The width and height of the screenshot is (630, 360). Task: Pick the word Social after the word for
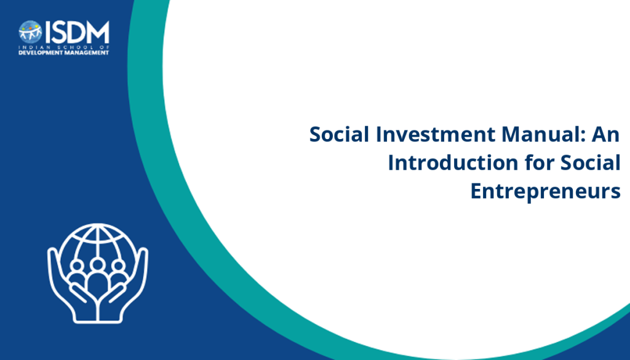(x=590, y=162)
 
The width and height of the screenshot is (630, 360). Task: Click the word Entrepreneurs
(x=545, y=191)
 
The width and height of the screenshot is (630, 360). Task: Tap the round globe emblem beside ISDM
(x=30, y=32)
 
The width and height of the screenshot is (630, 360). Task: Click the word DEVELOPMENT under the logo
(x=40, y=53)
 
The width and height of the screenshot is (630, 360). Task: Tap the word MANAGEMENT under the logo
(x=86, y=53)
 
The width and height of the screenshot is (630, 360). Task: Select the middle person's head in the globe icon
(x=97, y=265)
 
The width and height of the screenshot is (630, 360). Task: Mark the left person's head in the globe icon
(x=76, y=266)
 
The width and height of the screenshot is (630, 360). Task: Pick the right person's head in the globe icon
(x=118, y=266)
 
